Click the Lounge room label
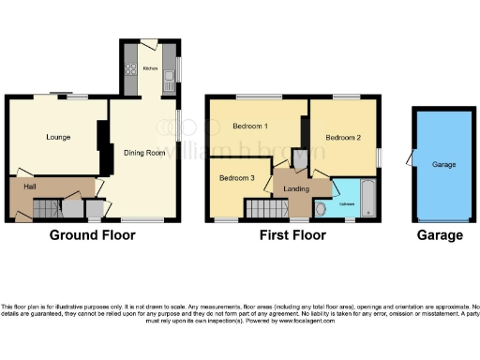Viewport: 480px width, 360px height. pyautogui.click(x=59, y=138)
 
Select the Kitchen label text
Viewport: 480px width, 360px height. pyautogui.click(x=150, y=67)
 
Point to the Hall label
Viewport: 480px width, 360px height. pyautogui.click(x=30, y=187)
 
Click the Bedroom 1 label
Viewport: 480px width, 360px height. pyautogui.click(x=251, y=127)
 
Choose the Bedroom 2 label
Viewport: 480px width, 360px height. pyautogui.click(x=343, y=136)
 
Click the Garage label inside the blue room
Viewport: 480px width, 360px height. pyautogui.click(x=443, y=165)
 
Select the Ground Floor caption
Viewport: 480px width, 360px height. pyautogui.click(x=92, y=235)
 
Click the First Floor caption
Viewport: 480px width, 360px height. pyautogui.click(x=292, y=235)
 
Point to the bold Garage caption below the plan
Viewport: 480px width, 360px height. pyautogui.click(x=440, y=235)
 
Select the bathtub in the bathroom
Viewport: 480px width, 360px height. pyautogui.click(x=367, y=202)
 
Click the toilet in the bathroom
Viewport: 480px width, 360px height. pyautogui.click(x=322, y=210)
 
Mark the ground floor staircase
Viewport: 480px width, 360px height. pyautogui.click(x=69, y=209)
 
